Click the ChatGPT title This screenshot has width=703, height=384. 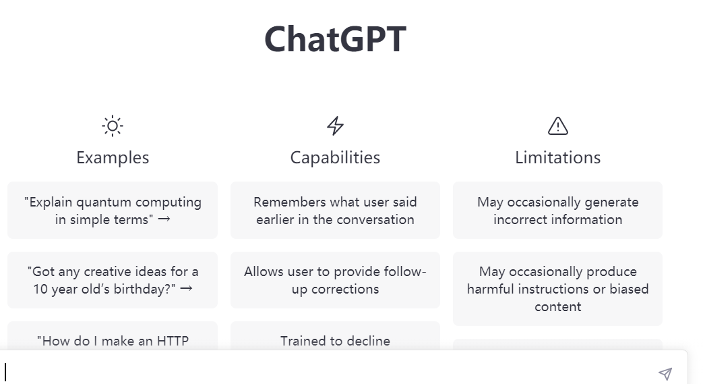[x=335, y=38]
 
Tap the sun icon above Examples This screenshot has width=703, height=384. [x=113, y=126]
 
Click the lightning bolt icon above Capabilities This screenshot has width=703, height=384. [x=335, y=126]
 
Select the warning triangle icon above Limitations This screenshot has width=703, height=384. [x=557, y=126]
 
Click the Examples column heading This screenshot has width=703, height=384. [x=113, y=157]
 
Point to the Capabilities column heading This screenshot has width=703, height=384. [x=335, y=157]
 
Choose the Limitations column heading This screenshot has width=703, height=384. [x=557, y=157]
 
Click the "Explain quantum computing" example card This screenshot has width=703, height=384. [x=113, y=210]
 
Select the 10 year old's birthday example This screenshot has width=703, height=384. [x=113, y=279]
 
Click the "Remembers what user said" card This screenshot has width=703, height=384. [x=335, y=210]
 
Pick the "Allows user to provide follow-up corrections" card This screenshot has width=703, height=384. [x=335, y=279]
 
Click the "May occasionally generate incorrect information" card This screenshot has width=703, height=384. [x=557, y=210]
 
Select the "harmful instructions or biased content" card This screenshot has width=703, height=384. [x=557, y=288]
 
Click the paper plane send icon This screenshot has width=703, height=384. [x=665, y=373]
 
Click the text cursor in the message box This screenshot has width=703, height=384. [x=6, y=372]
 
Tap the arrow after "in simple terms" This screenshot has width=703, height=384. [x=164, y=219]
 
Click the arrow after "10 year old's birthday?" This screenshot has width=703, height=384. [x=187, y=289]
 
